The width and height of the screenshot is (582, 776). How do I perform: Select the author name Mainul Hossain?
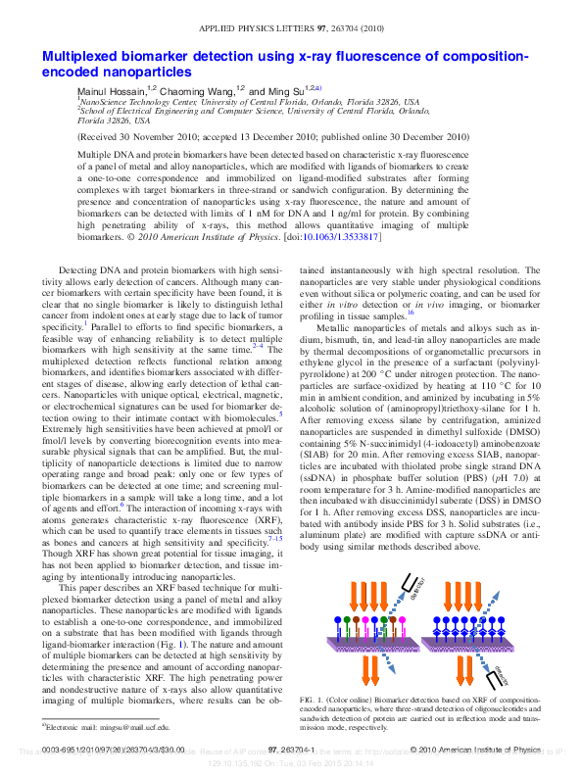[x=111, y=89]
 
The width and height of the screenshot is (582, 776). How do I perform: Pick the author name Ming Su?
[x=284, y=89]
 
